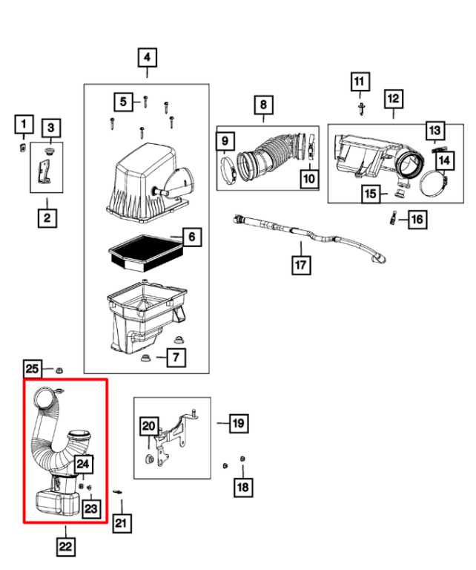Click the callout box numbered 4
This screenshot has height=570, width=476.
tap(146, 57)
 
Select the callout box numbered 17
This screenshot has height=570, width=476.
tap(301, 263)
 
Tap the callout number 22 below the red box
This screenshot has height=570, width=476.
tap(66, 547)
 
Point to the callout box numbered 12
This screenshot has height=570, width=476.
tap(393, 98)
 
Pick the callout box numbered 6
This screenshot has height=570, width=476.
tap(191, 237)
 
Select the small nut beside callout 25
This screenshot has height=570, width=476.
tap(60, 368)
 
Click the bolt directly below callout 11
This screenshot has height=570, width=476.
tap(360, 108)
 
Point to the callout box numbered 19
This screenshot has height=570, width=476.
tap(238, 424)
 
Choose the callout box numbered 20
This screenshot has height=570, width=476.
tap(149, 426)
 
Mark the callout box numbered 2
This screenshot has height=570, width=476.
tap(46, 218)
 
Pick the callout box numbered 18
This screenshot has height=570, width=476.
tap(242, 487)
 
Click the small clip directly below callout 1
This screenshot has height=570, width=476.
tap(23, 147)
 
